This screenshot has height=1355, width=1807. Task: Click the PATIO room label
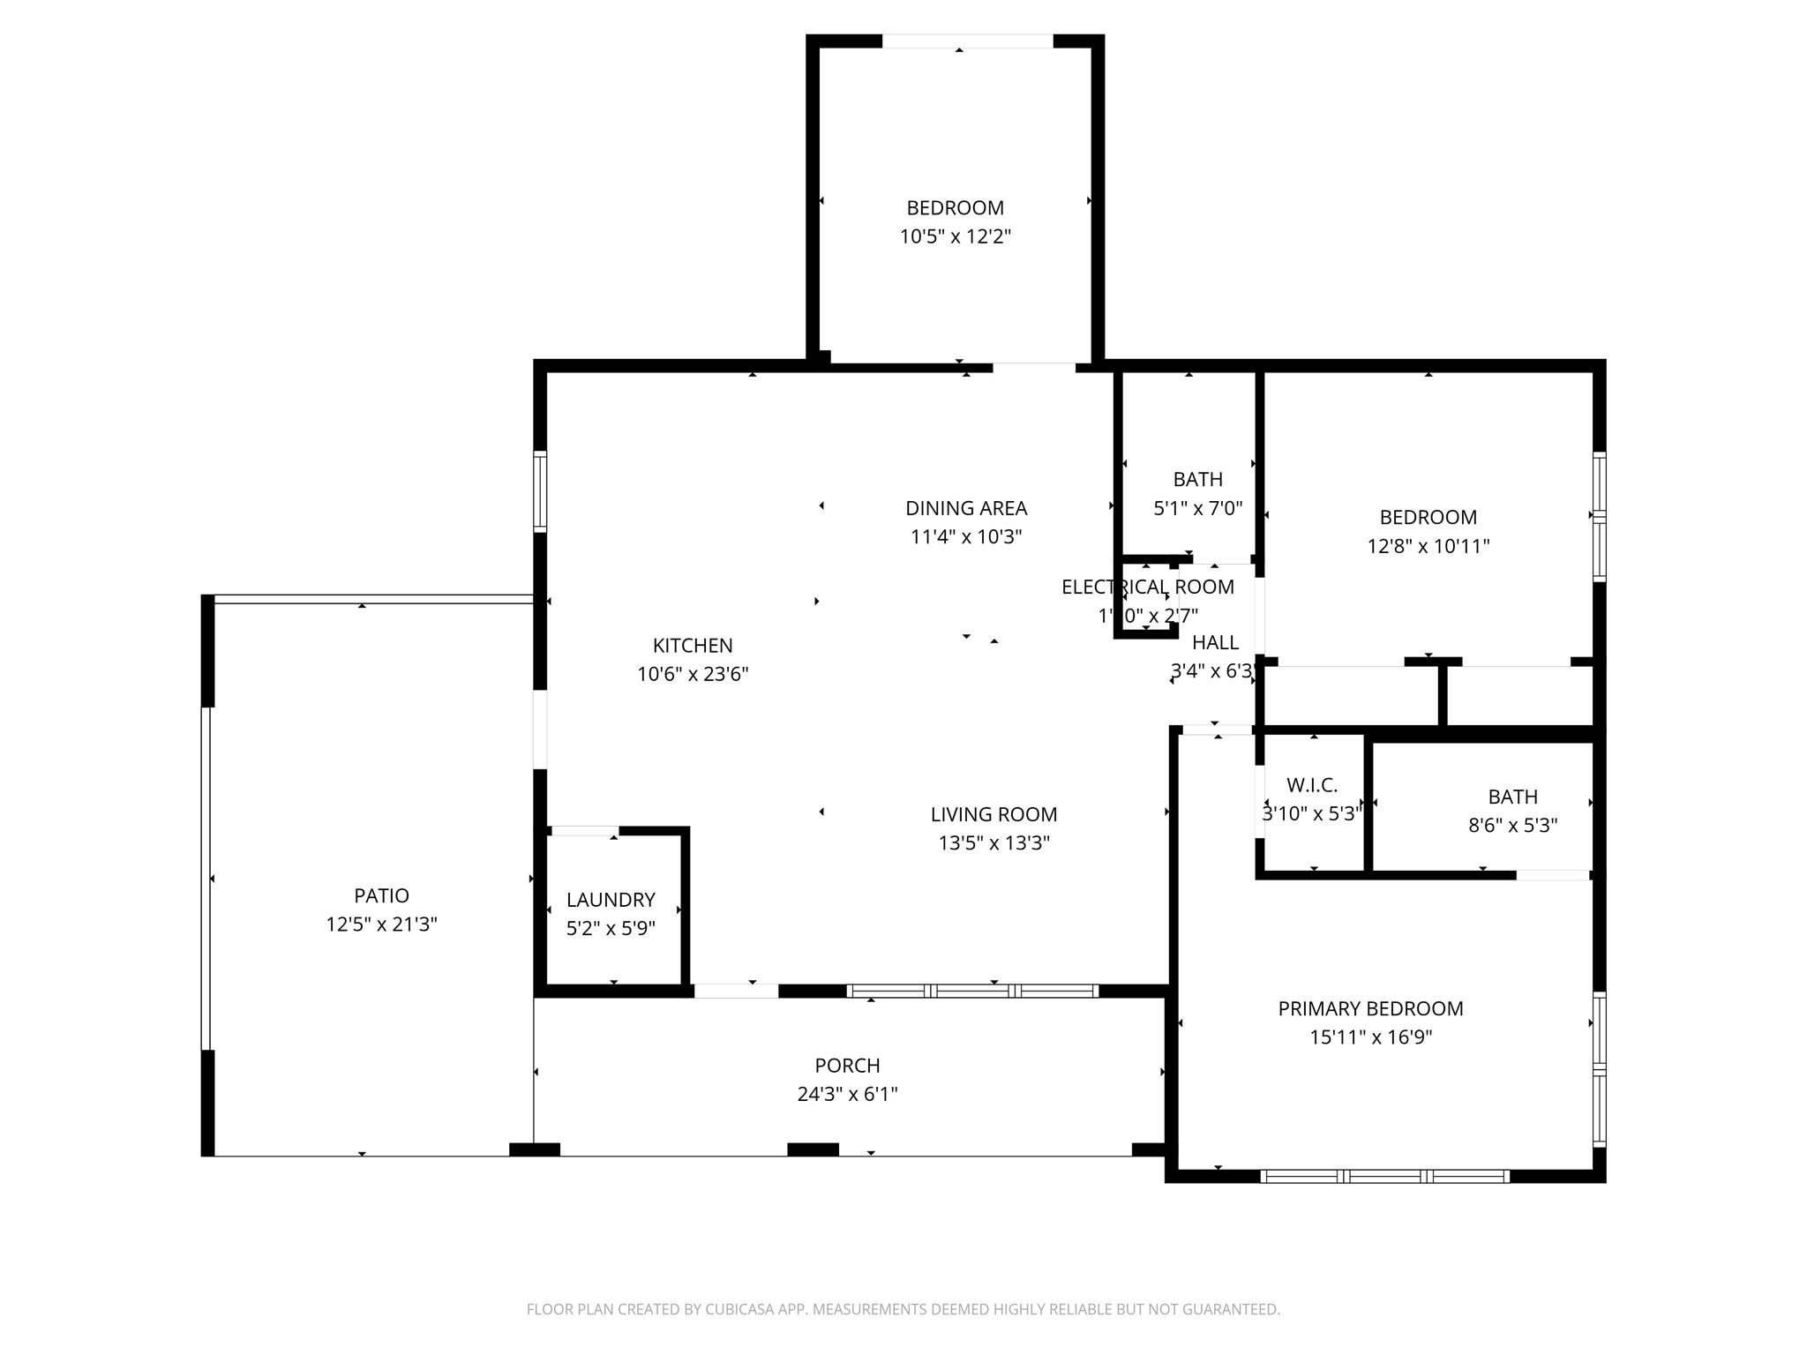(x=381, y=895)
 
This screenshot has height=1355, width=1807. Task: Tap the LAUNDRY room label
(x=611, y=899)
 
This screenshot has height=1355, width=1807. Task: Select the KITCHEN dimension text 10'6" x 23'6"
(x=693, y=674)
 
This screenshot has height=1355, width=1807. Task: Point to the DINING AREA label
(x=966, y=508)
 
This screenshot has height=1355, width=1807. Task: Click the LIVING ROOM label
(x=993, y=814)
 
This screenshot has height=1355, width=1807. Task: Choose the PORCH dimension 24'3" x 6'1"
(x=847, y=1094)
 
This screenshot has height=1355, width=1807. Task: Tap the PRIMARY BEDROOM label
(x=1370, y=1008)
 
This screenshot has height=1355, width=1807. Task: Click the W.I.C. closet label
(x=1312, y=785)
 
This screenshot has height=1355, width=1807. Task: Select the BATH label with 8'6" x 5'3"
(x=1512, y=797)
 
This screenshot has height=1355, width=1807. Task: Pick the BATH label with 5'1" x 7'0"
(x=1197, y=479)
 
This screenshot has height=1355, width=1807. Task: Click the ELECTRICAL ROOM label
(x=1147, y=587)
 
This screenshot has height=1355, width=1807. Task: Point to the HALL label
(x=1215, y=642)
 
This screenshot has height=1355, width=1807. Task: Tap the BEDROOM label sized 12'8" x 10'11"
(x=1428, y=517)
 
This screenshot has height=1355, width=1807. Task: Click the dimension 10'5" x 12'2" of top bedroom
(x=955, y=236)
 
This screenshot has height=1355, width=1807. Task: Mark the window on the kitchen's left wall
(x=540, y=491)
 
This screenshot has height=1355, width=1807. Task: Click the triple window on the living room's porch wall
(x=972, y=991)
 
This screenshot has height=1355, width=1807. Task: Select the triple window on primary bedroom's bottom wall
(x=1384, y=1176)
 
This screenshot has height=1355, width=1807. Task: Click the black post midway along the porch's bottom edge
(x=812, y=1149)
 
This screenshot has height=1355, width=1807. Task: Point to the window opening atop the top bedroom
(x=967, y=41)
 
